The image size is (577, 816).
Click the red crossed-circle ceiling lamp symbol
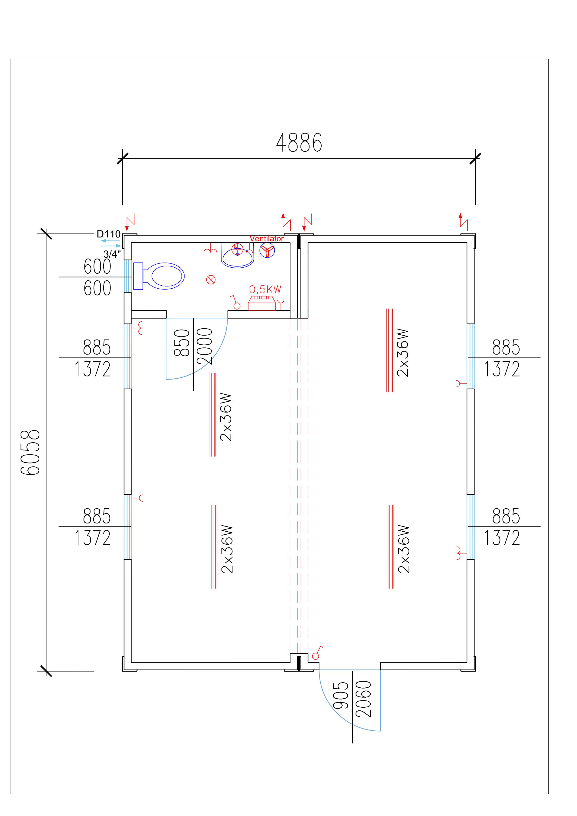(x=211, y=280)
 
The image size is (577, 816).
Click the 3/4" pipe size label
(x=112, y=254)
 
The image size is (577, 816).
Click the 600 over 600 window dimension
(x=97, y=277)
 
